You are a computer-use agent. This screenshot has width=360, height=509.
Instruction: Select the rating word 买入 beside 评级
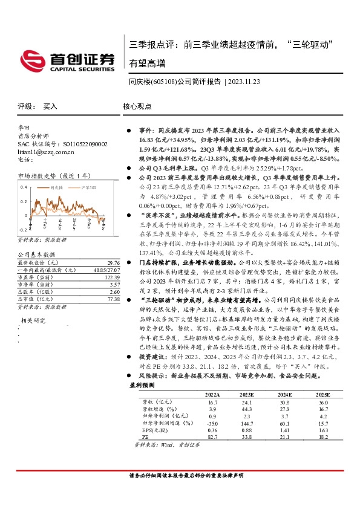[x=50, y=106]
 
